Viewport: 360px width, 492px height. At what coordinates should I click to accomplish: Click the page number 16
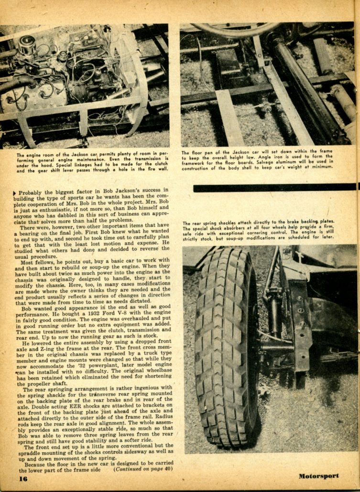23,478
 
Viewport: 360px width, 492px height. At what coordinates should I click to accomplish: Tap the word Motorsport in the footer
319,476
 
